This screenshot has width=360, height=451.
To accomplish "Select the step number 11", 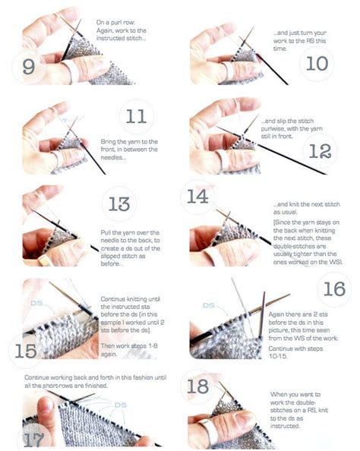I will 135,116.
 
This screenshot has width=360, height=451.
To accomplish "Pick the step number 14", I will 197,197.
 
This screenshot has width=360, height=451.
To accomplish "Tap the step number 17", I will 30,439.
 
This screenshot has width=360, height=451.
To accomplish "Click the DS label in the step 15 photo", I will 36,303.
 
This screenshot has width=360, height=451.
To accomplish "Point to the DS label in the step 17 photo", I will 119,405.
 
